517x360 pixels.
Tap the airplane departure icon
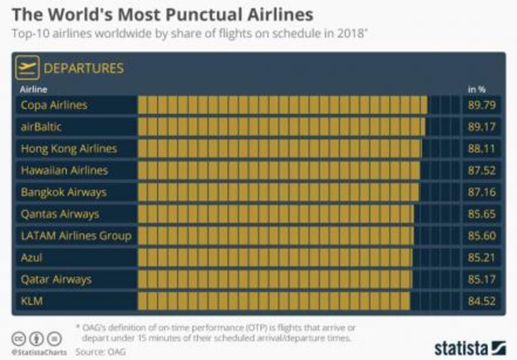pyautogui.click(x=28, y=68)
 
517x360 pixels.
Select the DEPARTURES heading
pyautogui.click(x=84, y=68)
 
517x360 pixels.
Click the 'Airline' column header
pyautogui.click(x=34, y=89)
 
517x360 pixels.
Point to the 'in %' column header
pyautogui.click(x=477, y=89)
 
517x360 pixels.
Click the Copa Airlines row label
pyautogui.click(x=54, y=105)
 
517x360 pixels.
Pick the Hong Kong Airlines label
pyautogui.click(x=68, y=149)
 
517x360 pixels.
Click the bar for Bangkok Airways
pyautogui.click(x=278, y=192)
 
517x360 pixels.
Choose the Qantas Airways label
pyautogui.click(x=60, y=214)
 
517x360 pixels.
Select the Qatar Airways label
pyautogui.click(x=56, y=279)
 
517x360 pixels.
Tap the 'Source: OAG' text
pyautogui.click(x=100, y=351)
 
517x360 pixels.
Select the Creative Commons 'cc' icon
pyautogui.click(x=19, y=338)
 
